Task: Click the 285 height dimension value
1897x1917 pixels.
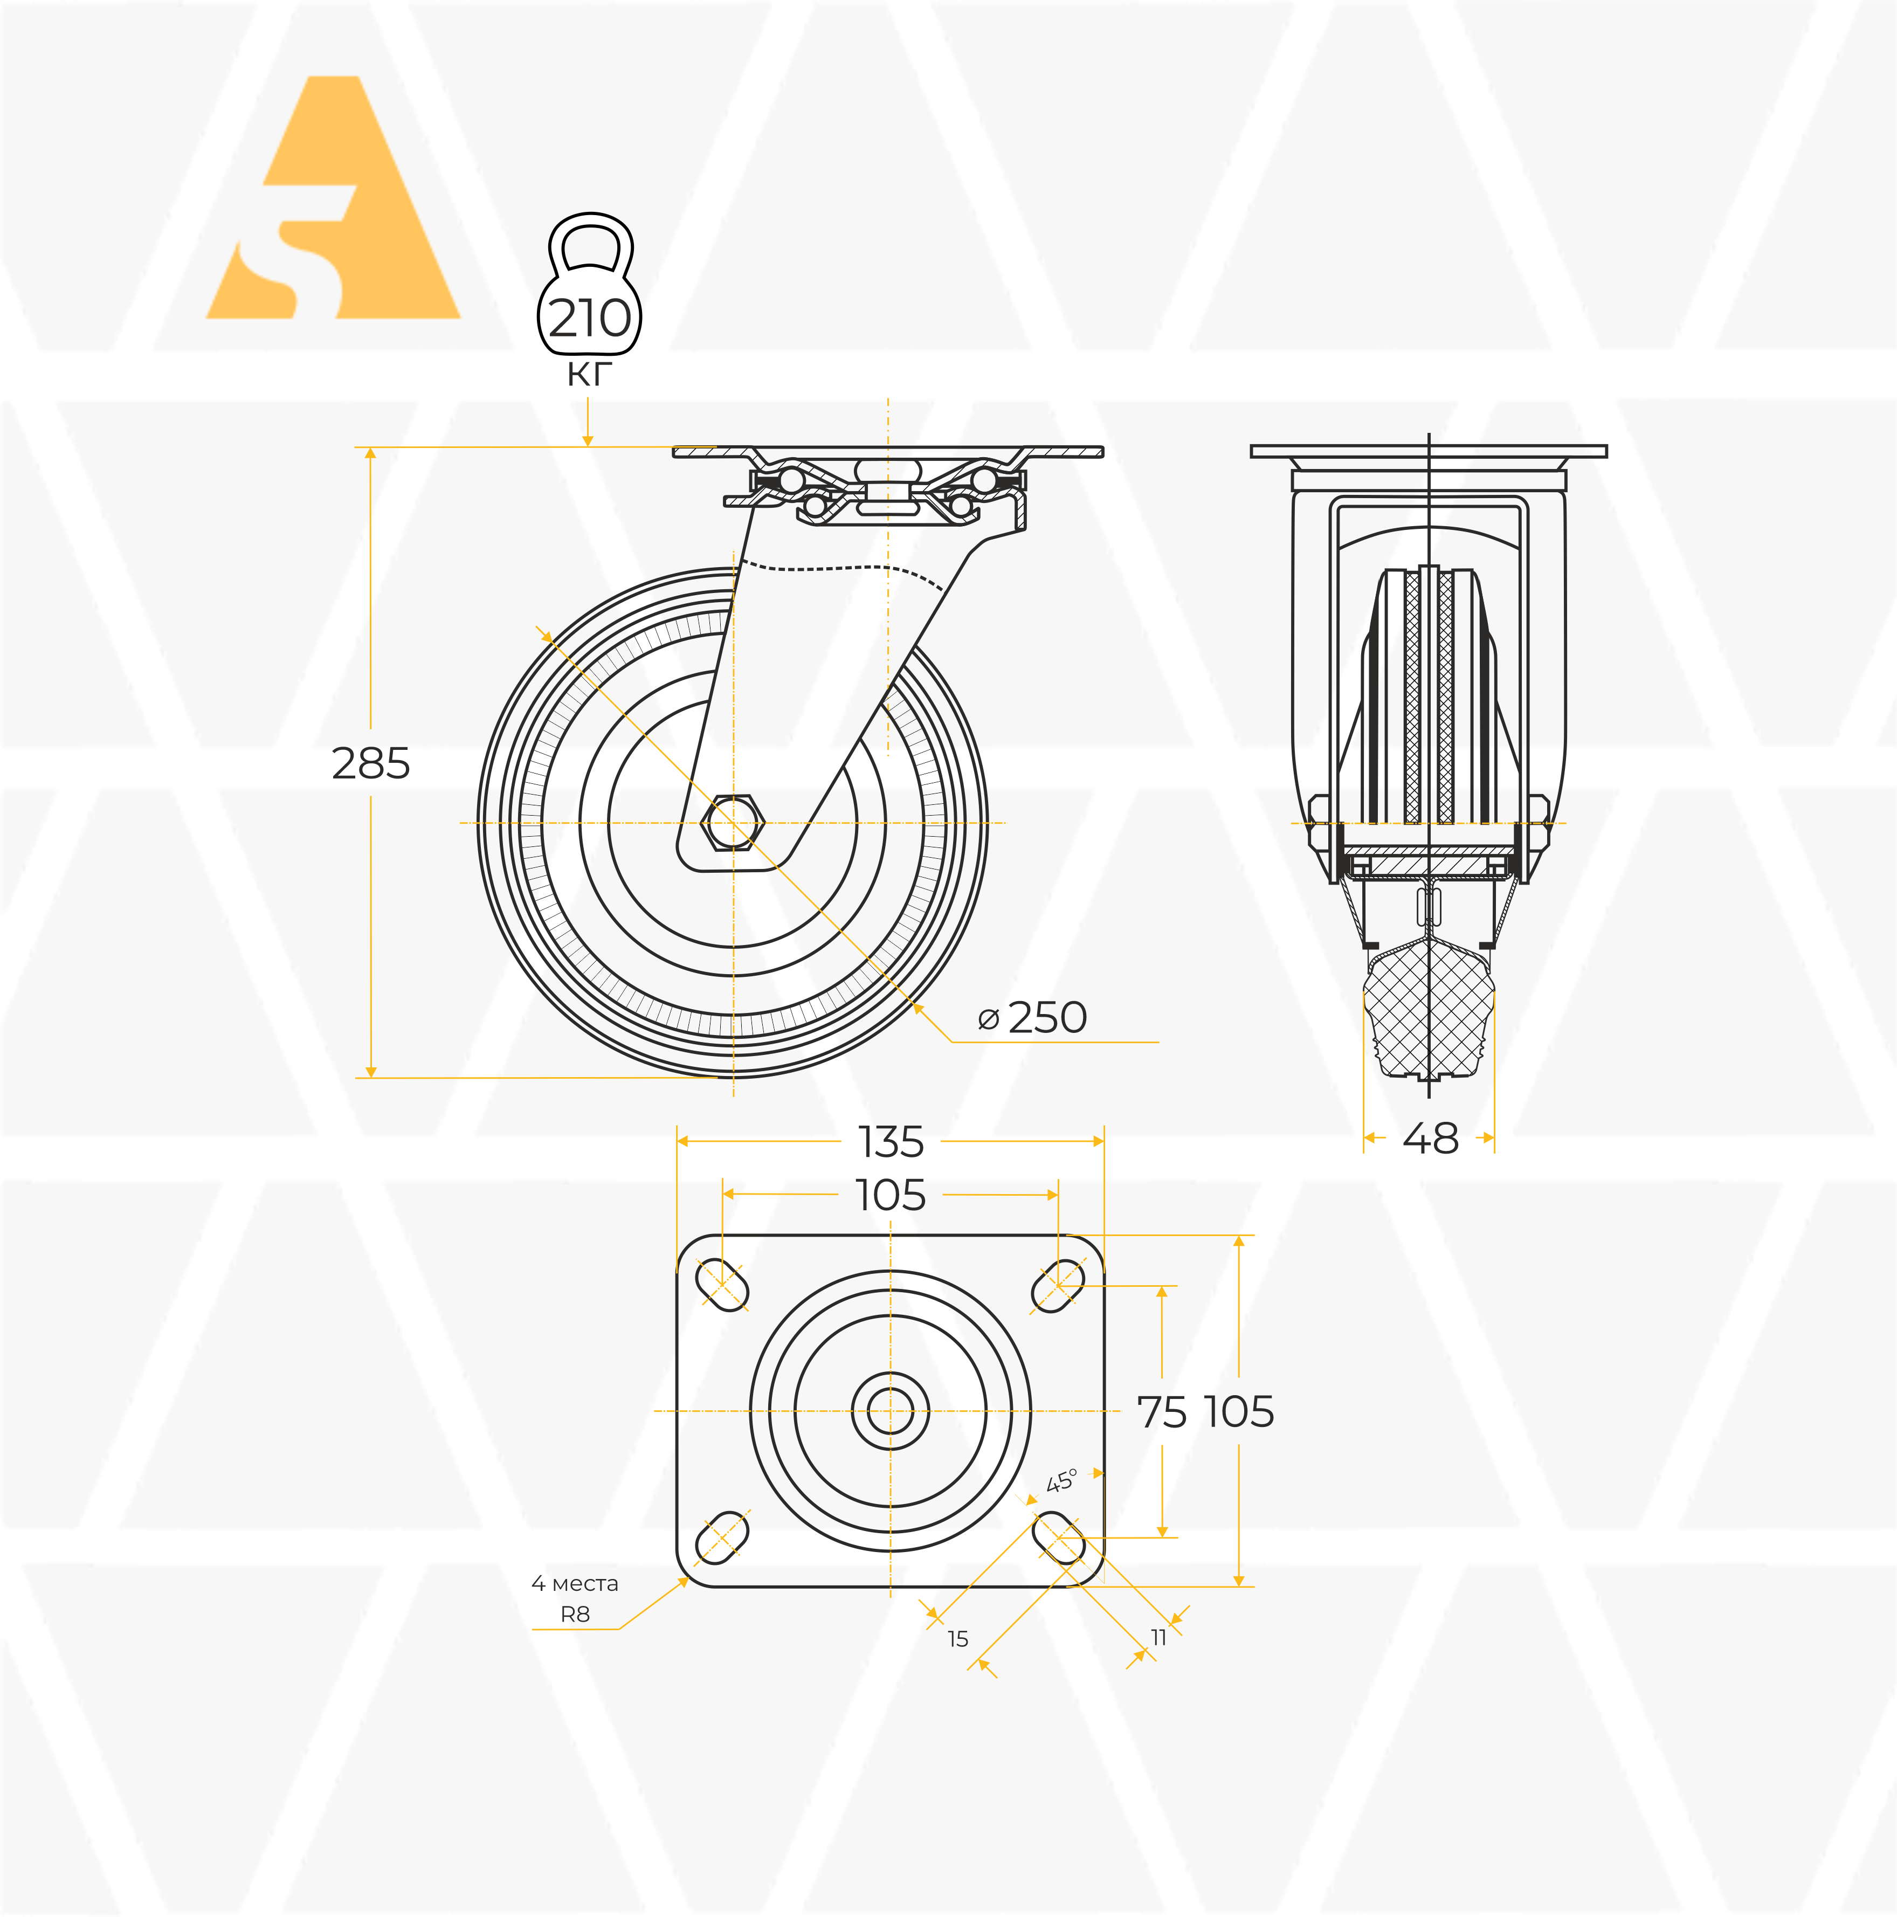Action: pyautogui.click(x=370, y=764)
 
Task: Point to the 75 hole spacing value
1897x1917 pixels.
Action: pyautogui.click(x=1162, y=1412)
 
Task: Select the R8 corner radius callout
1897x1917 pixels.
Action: pyautogui.click(x=575, y=1615)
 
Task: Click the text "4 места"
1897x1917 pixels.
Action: pyautogui.click(x=575, y=1584)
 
